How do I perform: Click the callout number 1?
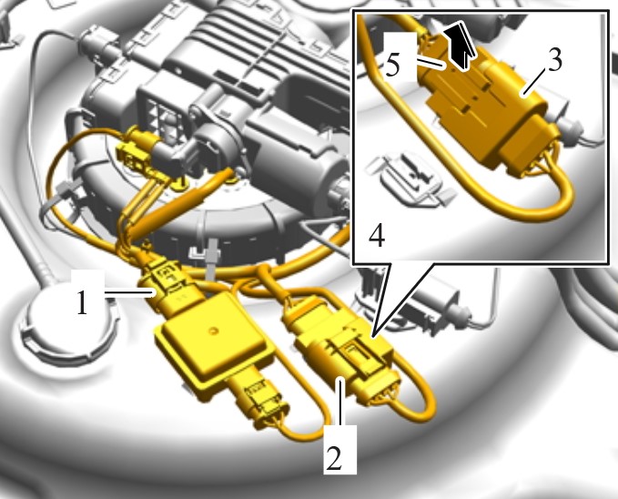82,302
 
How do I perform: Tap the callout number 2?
335,458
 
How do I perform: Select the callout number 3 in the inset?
554,60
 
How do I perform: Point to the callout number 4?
377,236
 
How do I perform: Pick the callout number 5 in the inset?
392,65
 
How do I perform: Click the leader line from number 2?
340,402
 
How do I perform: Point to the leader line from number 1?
129,292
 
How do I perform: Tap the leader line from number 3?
534,81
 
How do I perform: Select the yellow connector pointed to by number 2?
340,348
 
